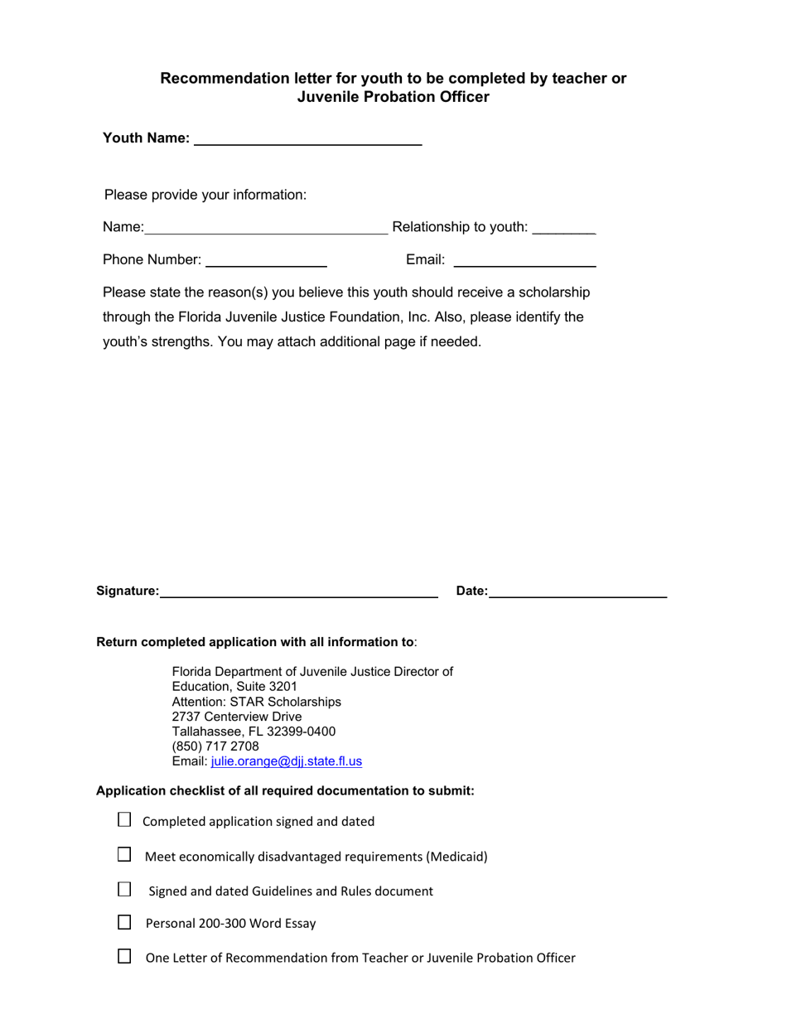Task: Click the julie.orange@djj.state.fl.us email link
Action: point(287,761)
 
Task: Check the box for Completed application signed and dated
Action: point(124,820)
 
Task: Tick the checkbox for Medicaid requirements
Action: point(124,855)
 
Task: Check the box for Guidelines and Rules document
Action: point(124,890)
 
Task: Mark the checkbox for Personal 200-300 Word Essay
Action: point(124,922)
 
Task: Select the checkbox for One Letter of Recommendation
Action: point(124,957)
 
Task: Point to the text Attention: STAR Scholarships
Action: point(256,702)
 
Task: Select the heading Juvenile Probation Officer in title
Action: point(393,97)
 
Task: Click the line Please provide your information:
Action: point(205,196)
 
